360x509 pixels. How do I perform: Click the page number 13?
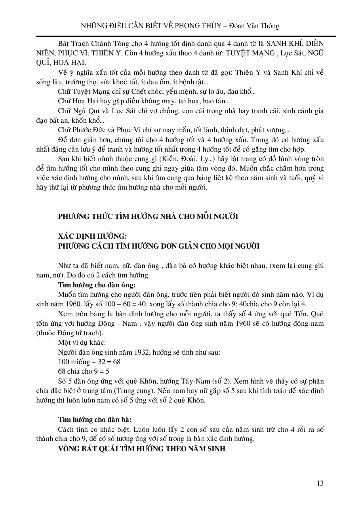coord(320,483)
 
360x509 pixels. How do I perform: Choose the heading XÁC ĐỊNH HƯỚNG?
coord(92,236)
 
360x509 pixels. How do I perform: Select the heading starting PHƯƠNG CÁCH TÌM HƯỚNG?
coord(158,246)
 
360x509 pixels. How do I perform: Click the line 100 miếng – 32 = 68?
coord(89,362)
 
